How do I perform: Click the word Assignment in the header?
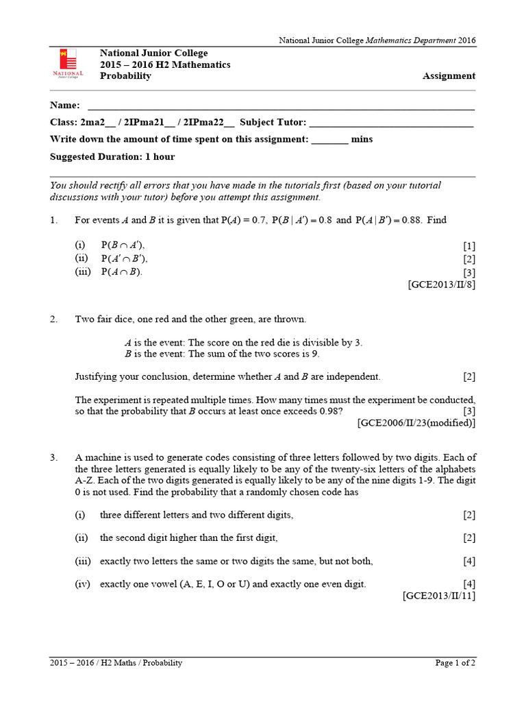(x=449, y=76)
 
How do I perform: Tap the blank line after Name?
(x=281, y=106)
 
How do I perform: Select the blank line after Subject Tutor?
(x=391, y=123)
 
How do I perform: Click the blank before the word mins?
(x=329, y=140)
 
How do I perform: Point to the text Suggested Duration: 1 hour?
(x=112, y=157)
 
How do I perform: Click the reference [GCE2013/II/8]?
(x=441, y=285)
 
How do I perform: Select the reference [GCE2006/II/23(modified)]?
(x=416, y=423)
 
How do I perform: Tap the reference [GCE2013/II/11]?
(x=438, y=596)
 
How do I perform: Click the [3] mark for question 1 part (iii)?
(x=468, y=272)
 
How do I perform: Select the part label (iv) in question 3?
(x=82, y=584)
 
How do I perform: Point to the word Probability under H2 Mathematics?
(x=125, y=76)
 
